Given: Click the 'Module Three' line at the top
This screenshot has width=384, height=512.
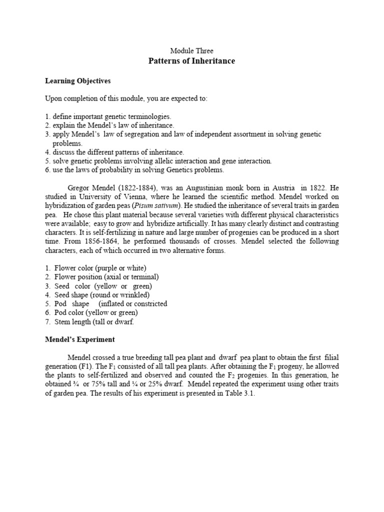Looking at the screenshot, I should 191,51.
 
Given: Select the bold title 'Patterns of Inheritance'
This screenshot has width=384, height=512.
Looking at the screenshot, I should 191,61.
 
